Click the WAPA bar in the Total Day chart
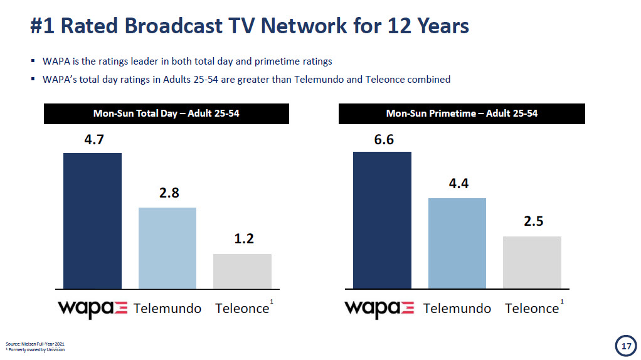(92, 220)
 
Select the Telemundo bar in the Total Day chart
(167, 248)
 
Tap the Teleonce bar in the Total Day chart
(242, 271)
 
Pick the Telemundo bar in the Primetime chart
(457, 243)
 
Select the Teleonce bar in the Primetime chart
(532, 262)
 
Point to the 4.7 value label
(94, 140)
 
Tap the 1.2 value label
(244, 239)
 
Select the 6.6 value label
(384, 139)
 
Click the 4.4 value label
(458, 184)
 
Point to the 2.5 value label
(534, 222)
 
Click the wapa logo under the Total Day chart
(92, 309)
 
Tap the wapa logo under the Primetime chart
(379, 309)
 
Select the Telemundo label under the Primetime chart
(457, 309)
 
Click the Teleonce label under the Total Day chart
(242, 309)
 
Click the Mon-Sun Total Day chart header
(166, 114)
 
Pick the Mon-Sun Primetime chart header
(462, 114)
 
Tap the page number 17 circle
(625, 346)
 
